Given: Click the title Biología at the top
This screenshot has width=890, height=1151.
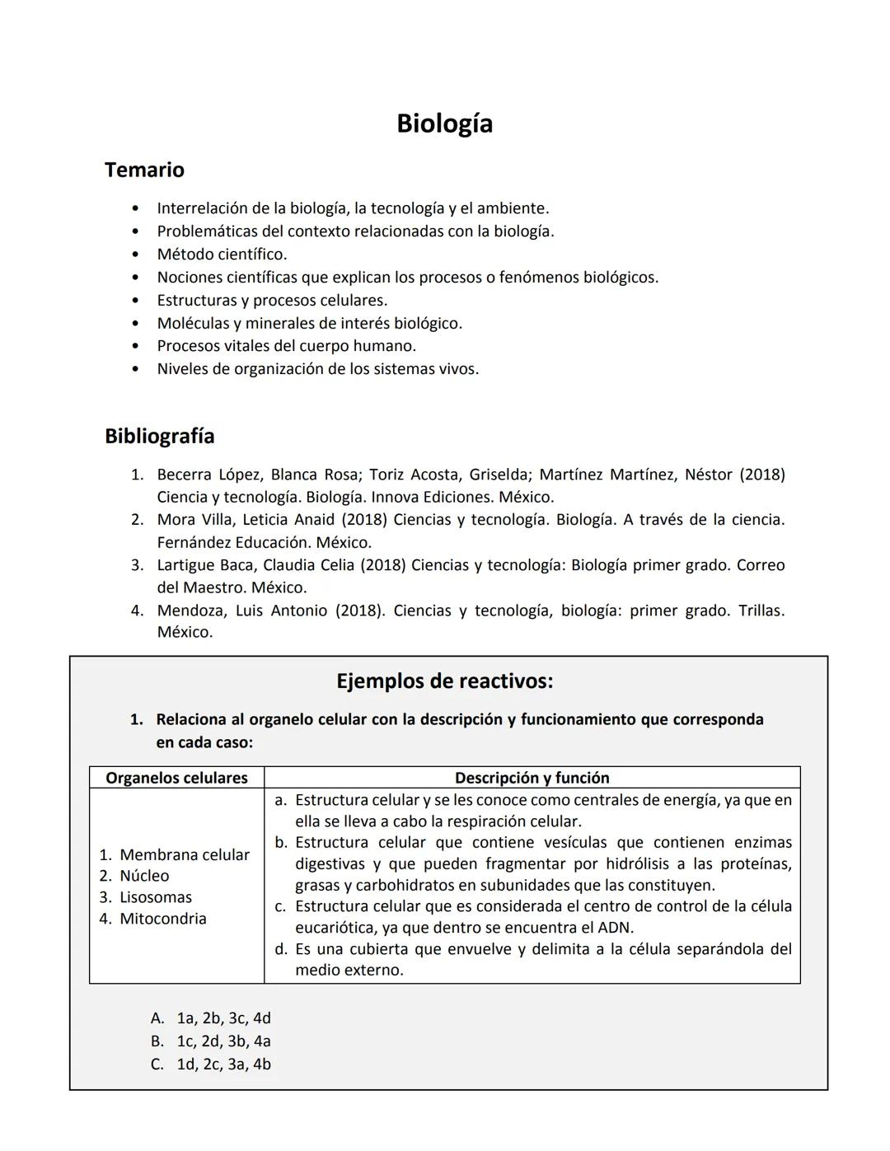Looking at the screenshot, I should tap(444, 124).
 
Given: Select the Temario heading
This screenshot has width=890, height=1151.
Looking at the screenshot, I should tap(144, 170).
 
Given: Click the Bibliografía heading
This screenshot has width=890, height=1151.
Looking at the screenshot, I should tap(159, 436).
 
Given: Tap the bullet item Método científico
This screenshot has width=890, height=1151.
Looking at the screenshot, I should tap(222, 254).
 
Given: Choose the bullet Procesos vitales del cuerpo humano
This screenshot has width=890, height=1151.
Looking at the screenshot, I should tap(286, 346).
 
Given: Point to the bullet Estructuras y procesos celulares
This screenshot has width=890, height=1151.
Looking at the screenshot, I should tap(272, 300).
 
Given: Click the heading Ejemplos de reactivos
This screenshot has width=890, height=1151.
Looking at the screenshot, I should tap(444, 681).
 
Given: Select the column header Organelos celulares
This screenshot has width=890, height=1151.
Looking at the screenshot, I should tap(176, 778).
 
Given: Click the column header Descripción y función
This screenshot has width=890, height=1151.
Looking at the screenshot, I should tap(532, 778).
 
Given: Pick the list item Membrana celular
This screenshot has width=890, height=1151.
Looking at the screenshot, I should tap(184, 854).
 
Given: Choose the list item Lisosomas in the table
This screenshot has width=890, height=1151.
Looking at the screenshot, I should tap(155, 897).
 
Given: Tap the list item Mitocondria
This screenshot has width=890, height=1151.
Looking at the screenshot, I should tap(162, 919).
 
